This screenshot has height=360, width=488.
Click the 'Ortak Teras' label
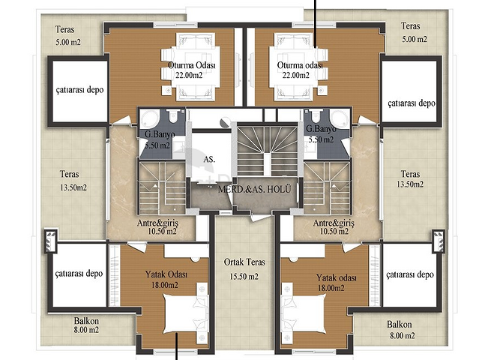(x=244, y=262)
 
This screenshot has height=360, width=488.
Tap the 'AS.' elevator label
(x=209, y=160)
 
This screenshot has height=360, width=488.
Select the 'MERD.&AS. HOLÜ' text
(x=255, y=189)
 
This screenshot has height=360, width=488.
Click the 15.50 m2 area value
(x=244, y=277)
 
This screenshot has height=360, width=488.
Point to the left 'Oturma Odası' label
(x=192, y=65)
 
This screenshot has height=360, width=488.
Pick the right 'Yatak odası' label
(x=337, y=277)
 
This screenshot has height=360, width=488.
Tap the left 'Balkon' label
(x=86, y=321)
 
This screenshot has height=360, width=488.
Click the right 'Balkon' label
(x=400, y=325)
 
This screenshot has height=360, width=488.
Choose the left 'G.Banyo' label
(x=160, y=134)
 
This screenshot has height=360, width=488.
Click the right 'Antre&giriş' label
(x=334, y=223)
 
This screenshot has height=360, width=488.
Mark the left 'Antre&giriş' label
(x=157, y=223)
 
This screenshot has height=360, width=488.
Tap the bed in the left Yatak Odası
(x=186, y=313)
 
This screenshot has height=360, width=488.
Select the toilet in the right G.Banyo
(x=316, y=116)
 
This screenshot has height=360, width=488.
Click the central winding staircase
(x=267, y=149)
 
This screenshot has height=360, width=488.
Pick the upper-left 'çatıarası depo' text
(x=79, y=90)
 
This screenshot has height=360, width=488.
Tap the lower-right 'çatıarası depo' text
(x=410, y=274)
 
